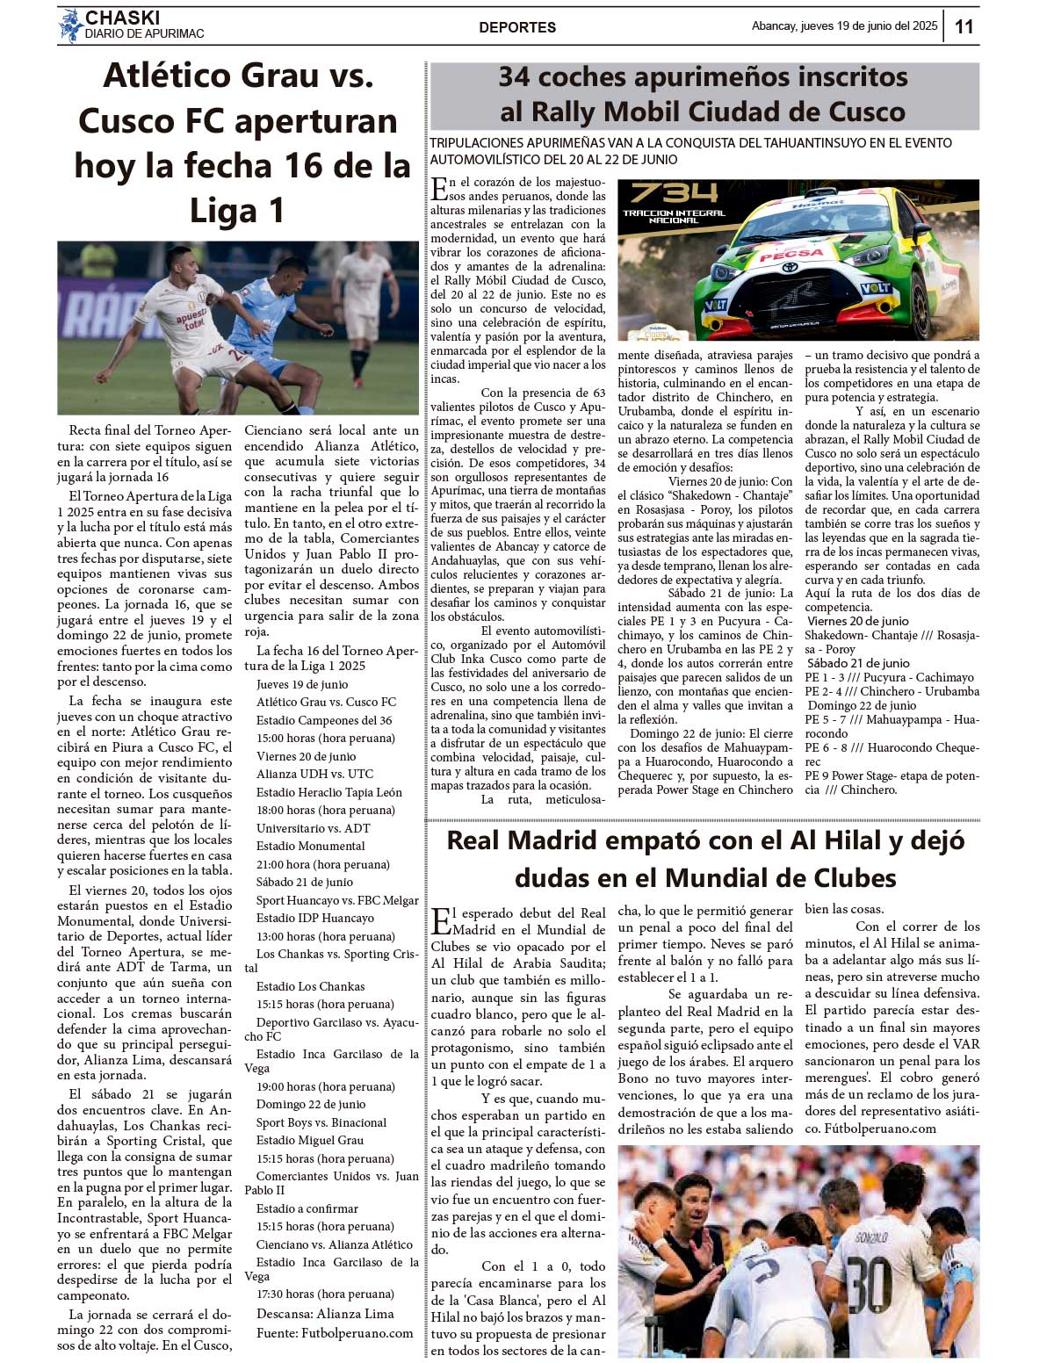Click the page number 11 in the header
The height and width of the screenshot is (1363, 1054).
pos(964,26)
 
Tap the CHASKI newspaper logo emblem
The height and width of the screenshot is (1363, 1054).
pos(70,25)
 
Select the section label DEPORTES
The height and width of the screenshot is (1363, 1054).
pos(517,27)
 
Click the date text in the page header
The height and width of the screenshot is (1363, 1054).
pos(844,26)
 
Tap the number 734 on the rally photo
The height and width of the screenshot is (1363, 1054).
pos(674,193)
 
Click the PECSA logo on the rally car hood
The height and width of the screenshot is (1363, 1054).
pos(790,255)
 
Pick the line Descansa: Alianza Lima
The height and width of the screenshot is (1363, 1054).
pos(325,1314)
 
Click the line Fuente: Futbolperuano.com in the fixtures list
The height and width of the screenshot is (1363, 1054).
pos(335,1333)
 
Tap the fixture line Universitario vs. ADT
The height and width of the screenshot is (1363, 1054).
pos(313,828)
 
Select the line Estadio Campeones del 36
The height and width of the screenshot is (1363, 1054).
pos(324,720)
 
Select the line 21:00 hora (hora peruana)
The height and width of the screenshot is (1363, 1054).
pos(322,864)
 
